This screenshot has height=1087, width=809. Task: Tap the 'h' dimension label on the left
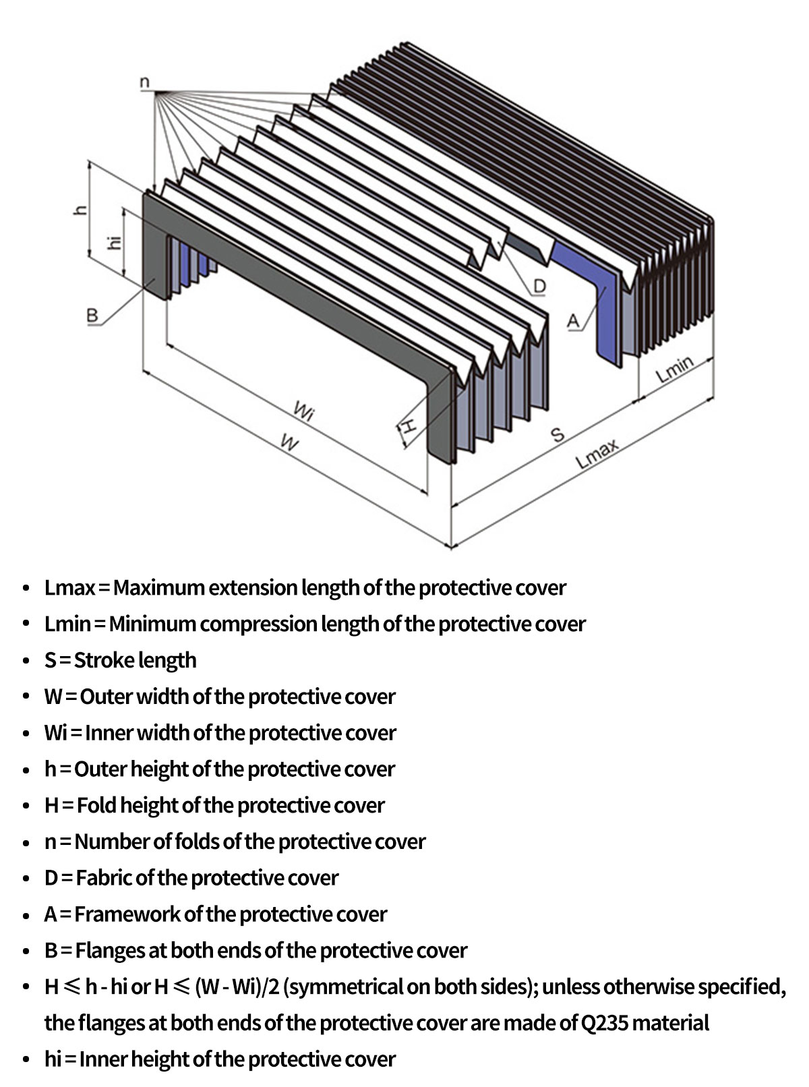click(80, 210)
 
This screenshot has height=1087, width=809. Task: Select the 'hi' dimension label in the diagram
click(115, 241)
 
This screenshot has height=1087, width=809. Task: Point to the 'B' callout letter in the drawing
click(92, 314)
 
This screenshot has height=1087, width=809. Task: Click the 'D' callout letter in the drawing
click(539, 287)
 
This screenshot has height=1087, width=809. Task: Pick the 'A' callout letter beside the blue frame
click(573, 321)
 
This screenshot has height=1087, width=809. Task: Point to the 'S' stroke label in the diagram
click(558, 435)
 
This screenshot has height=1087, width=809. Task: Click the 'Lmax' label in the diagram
click(597, 454)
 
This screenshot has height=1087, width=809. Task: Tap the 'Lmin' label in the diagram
click(675, 369)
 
